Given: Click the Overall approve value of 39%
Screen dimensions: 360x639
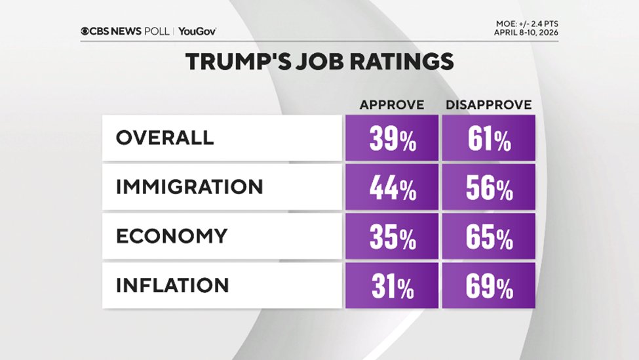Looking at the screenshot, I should click(x=392, y=139).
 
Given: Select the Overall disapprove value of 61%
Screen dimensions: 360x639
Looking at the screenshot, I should click(x=489, y=139).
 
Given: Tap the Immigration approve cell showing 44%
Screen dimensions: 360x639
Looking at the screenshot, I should click(x=392, y=188).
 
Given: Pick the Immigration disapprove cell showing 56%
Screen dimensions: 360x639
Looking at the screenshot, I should click(x=489, y=188).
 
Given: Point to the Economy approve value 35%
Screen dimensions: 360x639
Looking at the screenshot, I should click(x=392, y=237).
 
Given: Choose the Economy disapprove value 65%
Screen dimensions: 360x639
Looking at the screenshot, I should click(x=489, y=237).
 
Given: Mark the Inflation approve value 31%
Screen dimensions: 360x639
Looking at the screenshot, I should click(x=392, y=287).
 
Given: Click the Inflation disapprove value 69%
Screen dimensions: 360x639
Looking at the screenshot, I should click(x=489, y=287).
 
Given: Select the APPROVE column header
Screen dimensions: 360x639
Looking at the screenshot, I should click(x=392, y=105).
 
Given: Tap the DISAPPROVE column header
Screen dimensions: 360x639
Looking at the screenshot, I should click(x=489, y=105).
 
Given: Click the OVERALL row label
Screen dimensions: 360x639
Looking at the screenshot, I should click(x=165, y=138).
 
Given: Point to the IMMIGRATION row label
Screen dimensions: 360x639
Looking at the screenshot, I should click(x=189, y=187).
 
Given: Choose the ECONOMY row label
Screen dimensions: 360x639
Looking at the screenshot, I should click(x=172, y=236).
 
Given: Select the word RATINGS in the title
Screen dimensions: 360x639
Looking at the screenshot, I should click(x=402, y=62).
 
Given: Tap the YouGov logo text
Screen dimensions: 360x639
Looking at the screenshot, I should click(x=197, y=31).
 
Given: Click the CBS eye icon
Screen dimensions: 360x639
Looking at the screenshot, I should click(x=85, y=31).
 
